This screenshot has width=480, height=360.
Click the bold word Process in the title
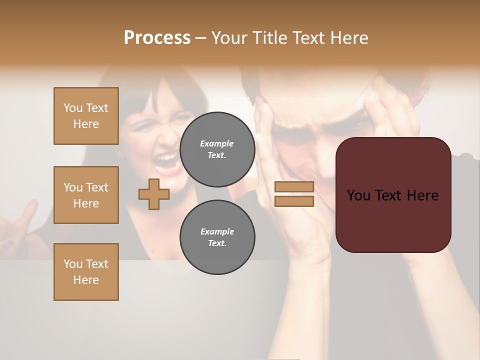(157, 38)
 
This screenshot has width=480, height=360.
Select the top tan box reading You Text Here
(86, 116)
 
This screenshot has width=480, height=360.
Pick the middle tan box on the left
(86, 195)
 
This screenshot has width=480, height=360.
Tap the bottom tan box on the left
(86, 272)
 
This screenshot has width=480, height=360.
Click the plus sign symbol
(153, 194)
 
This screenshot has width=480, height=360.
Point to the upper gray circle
(217, 149)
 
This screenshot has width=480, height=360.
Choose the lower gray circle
(217, 237)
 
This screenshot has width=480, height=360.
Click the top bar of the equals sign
(294, 187)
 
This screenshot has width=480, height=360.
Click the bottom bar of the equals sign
(294, 201)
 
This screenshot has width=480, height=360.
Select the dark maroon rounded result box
(393, 195)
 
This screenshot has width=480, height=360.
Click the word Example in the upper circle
(217, 143)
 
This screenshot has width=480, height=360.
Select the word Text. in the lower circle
(217, 243)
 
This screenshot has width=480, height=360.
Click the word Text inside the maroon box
(388, 195)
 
